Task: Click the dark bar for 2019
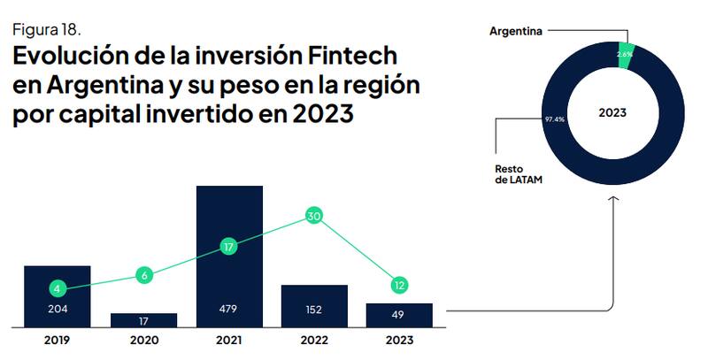[x=57, y=296]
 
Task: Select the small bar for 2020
[x=143, y=320]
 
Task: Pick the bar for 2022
[x=314, y=305]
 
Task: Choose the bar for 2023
[x=399, y=315]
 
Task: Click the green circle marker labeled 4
[x=58, y=288]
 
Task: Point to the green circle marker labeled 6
[x=144, y=275]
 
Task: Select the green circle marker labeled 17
[x=229, y=248]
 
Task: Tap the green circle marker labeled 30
[x=313, y=216]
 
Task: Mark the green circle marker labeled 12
[x=399, y=285]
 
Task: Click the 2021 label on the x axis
[x=229, y=339]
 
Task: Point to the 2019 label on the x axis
[x=57, y=339]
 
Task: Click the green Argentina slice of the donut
[x=625, y=54]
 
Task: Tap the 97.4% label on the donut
[x=554, y=118]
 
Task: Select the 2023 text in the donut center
[x=612, y=113]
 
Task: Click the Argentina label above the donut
[x=518, y=31]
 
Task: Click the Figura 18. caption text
[x=47, y=28]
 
